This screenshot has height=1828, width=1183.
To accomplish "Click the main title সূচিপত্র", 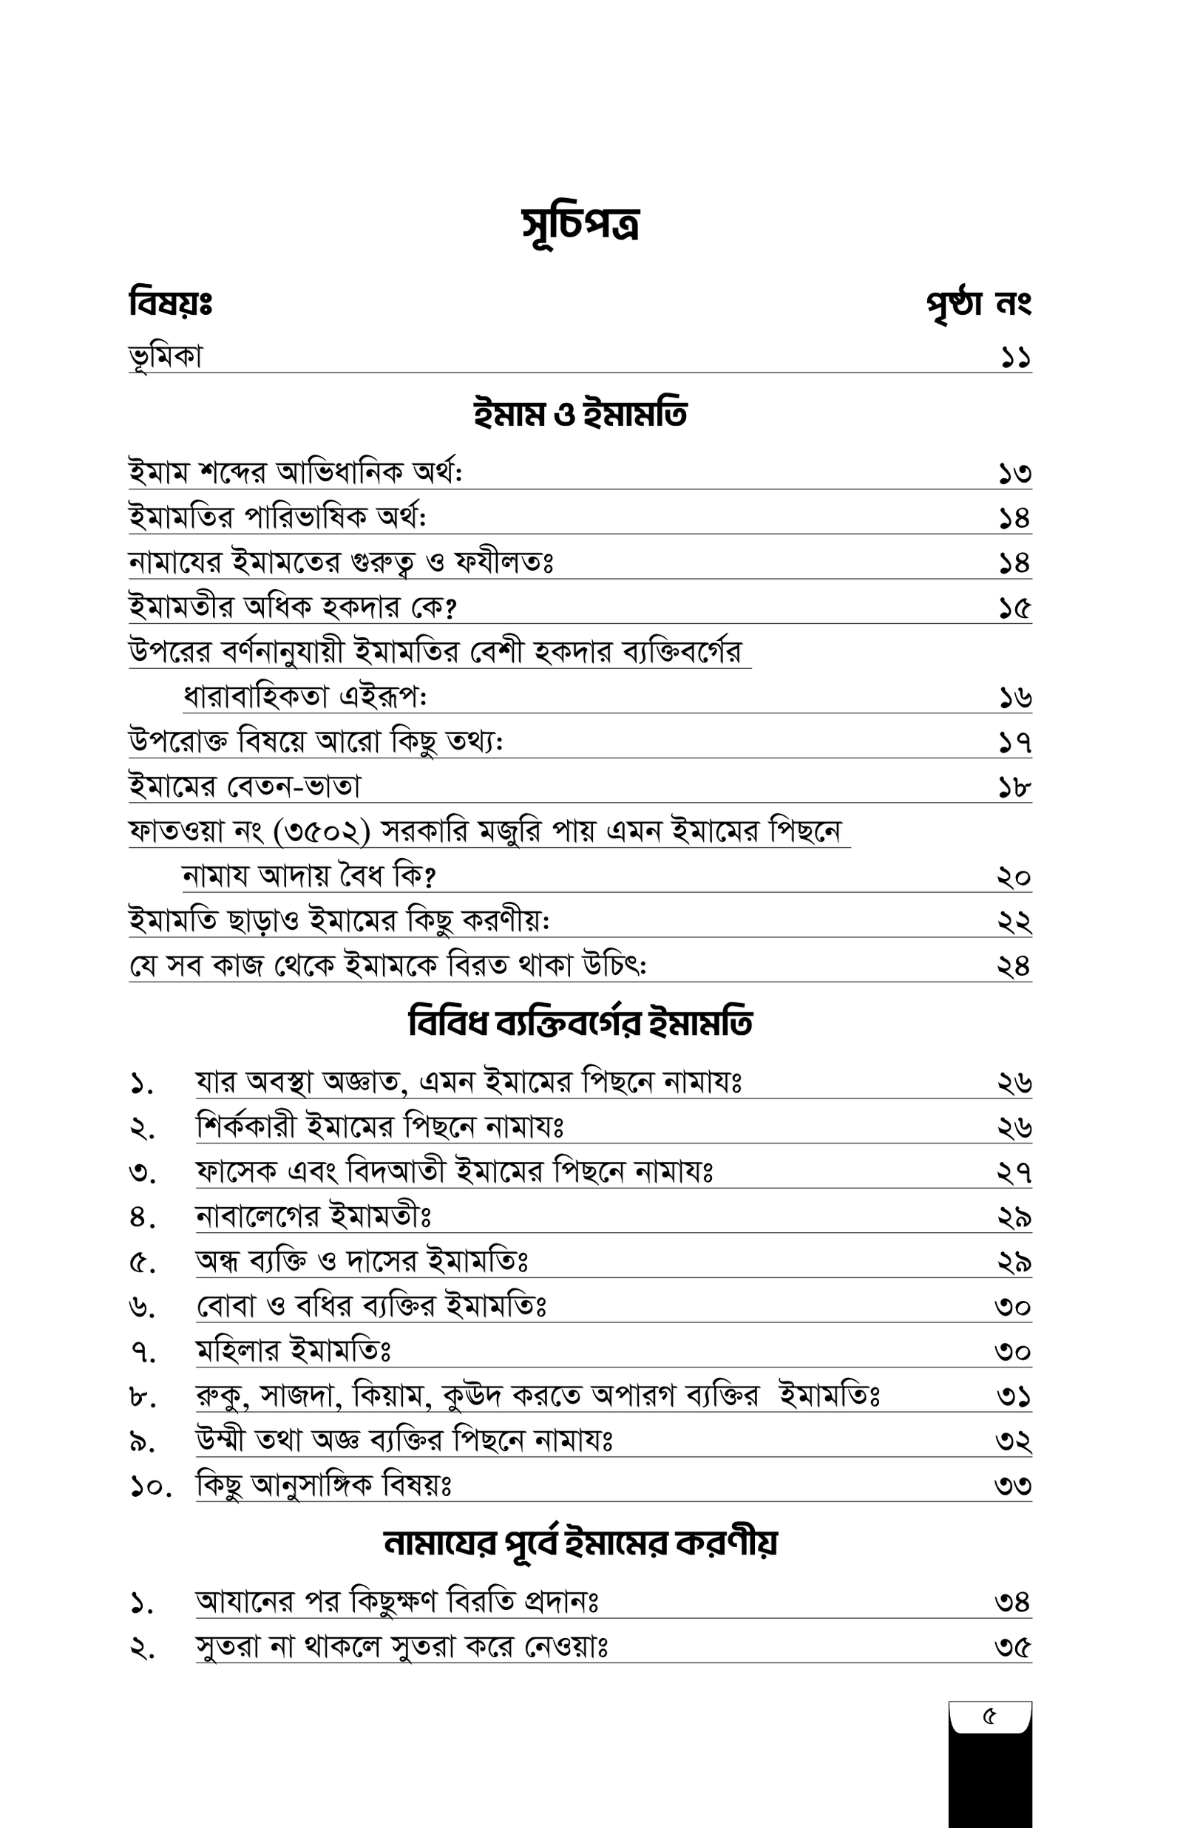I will click(x=580, y=225).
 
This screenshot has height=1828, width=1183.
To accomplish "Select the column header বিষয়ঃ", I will click(x=170, y=303).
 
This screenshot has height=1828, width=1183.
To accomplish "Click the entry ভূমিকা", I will click(x=166, y=357).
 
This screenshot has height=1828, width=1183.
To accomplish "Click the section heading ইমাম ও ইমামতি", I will click(x=580, y=415).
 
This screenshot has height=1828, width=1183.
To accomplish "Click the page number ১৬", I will click(x=1014, y=698).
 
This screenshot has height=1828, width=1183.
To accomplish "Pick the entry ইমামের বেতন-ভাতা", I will click(x=244, y=787).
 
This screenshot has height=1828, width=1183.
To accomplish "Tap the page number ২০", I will click(x=1014, y=877).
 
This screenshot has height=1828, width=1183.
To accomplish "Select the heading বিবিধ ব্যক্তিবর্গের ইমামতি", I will click(x=580, y=1024).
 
